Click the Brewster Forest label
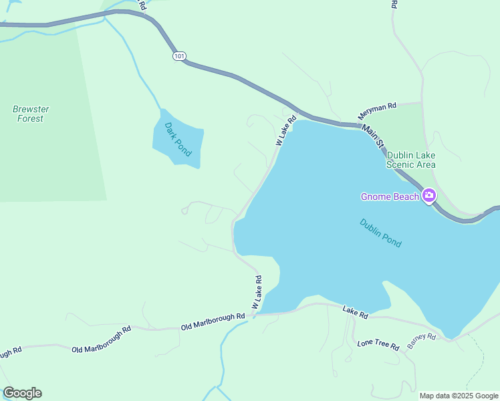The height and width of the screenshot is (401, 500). pos(31,114)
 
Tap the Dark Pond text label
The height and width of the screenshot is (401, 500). pos(178,139)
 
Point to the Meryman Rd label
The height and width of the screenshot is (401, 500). pos(377,111)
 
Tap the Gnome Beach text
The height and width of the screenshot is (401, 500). pos(390,196)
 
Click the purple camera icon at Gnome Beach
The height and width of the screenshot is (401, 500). pos(428,196)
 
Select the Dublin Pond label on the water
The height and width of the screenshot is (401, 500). pos(380,233)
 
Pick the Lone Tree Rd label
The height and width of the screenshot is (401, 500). pos(378,346)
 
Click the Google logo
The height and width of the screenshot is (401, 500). pos(22,393)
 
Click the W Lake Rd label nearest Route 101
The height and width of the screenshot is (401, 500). pos(285,132)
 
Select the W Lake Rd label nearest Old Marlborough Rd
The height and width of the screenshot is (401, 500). pos(256,293)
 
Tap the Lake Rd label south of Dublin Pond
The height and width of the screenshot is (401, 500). pos(355,312)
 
